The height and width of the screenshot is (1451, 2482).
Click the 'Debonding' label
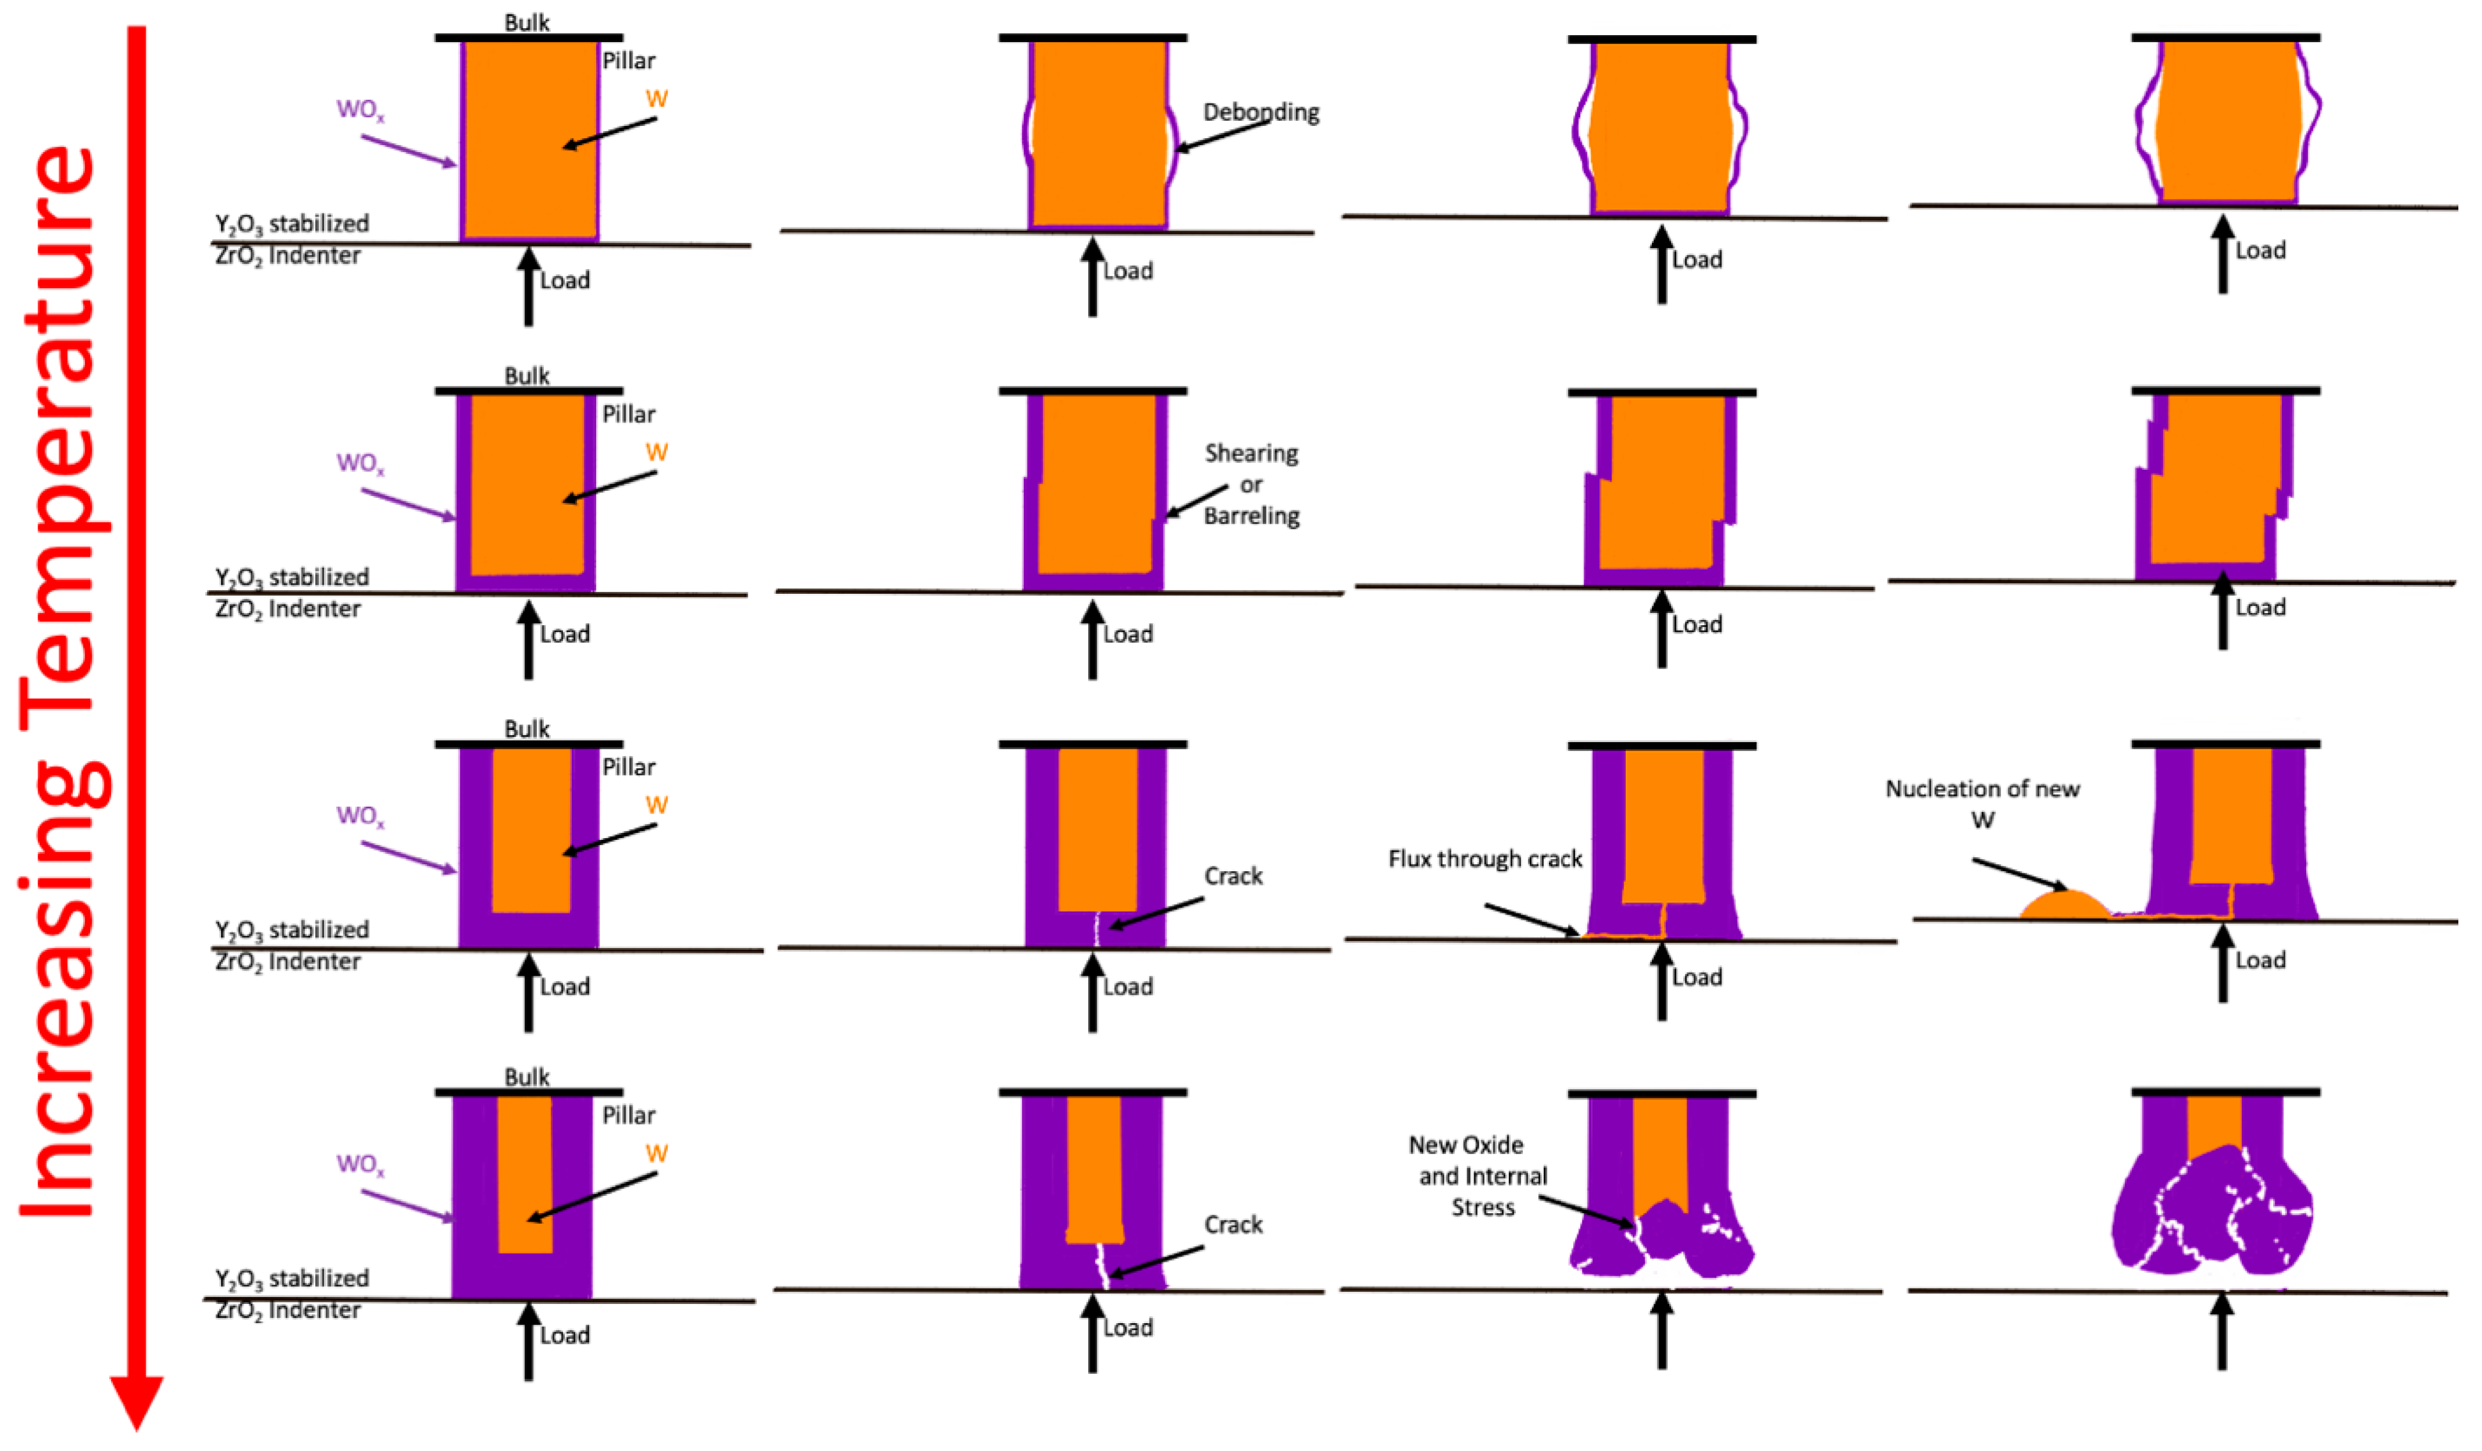1261,113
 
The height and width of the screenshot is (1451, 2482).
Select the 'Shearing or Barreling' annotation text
1251,484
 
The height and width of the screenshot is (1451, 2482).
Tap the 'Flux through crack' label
1484,859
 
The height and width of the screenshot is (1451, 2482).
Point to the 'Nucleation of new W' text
1982,803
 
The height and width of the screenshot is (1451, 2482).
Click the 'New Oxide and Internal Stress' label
1481,1175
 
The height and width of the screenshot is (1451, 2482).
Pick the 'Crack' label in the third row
1233,876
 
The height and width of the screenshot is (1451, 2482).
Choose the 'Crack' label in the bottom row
1233,1225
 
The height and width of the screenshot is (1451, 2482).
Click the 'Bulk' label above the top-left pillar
527,22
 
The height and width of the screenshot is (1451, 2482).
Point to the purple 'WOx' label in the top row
360,109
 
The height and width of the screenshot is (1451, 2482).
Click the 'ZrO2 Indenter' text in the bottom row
288,1310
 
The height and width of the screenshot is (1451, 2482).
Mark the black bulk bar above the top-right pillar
2226,38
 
